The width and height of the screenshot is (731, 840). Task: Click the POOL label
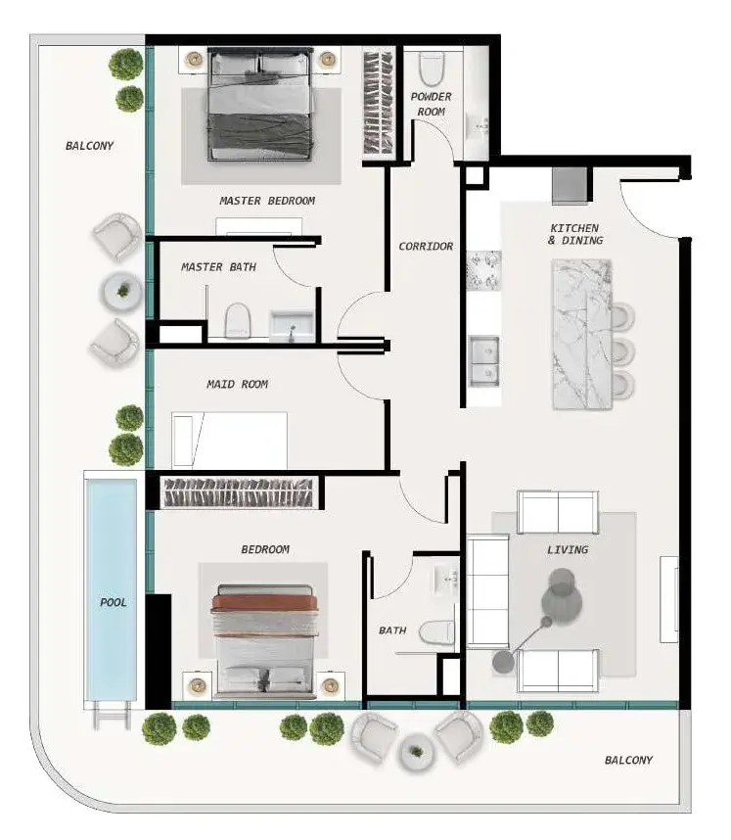tap(113, 602)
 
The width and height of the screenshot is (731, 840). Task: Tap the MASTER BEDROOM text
tap(267, 201)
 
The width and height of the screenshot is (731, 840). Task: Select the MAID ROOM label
tap(237, 384)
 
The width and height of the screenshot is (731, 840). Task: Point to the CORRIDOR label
tap(426, 247)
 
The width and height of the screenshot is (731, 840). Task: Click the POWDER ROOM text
tap(432, 104)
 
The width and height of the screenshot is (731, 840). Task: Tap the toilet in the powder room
tap(432, 68)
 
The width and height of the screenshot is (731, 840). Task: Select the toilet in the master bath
tap(238, 321)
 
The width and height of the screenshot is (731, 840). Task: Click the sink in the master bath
tap(292, 326)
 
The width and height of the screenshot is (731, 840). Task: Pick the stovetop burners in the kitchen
tap(483, 270)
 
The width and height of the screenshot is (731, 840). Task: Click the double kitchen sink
tap(484, 361)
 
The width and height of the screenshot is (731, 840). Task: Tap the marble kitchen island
tap(582, 334)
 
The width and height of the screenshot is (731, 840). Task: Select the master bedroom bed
tap(259, 104)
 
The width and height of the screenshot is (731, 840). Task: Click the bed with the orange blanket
tap(265, 641)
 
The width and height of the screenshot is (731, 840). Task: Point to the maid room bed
tap(229, 441)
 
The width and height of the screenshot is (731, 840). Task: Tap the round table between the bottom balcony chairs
tap(416, 752)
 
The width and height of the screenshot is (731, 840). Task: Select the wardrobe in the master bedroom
tap(379, 103)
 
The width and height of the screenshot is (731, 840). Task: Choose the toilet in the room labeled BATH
tap(435, 632)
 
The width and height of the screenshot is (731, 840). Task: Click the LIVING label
tap(568, 549)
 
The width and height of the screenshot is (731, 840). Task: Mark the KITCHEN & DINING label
tap(575, 234)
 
